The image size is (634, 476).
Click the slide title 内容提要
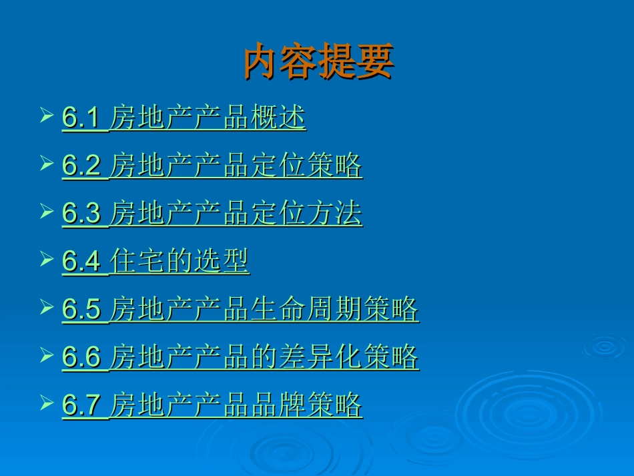(318, 62)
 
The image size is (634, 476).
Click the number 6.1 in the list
(81, 118)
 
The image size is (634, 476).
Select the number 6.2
(81, 166)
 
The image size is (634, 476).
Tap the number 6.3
(81, 214)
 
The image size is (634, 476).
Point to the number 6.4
(81, 262)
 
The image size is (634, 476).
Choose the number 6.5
(81, 310)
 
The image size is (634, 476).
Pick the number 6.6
(81, 358)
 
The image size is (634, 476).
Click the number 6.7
(81, 405)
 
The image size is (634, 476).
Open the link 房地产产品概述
(208, 118)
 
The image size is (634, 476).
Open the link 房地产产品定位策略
(236, 166)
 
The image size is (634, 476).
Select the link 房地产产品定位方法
(236, 214)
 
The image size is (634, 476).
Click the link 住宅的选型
(180, 262)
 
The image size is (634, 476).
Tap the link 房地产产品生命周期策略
(264, 310)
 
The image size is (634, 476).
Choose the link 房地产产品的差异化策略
(264, 358)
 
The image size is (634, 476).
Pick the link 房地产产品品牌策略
(236, 405)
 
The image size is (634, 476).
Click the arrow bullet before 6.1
(46, 115)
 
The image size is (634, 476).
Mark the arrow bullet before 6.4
(46, 259)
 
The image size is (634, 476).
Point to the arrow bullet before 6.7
(46, 403)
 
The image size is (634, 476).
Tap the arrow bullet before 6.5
(46, 307)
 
